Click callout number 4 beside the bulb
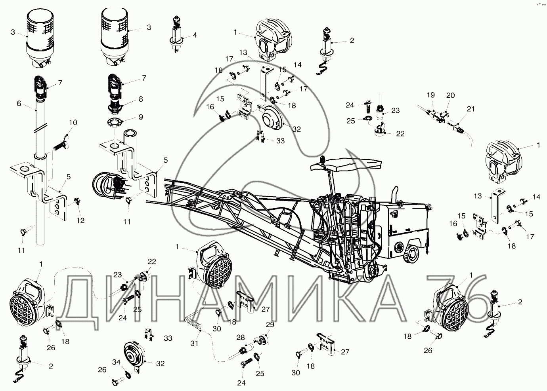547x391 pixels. pos(195,35)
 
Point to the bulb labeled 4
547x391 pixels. pos(176,34)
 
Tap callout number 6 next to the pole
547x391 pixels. pos(19,104)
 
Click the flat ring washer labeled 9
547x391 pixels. pos(114,122)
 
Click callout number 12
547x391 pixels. pos(80,220)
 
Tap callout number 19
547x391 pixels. pos(431,95)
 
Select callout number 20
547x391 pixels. pos(451,95)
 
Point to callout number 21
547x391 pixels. pos(470,109)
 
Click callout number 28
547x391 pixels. pos(241,337)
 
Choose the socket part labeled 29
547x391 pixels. pos(261,340)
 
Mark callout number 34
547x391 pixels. pos(116,362)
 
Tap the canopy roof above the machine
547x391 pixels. pos(346,165)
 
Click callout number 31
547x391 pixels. pos(194,343)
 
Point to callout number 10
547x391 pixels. pos(73,122)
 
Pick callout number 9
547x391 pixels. pos(141,117)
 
